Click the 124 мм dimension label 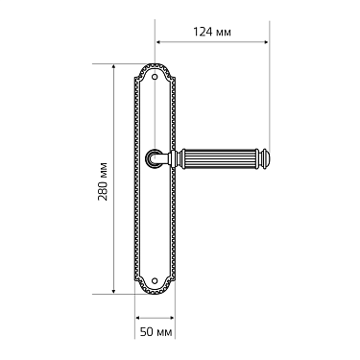click(212, 32)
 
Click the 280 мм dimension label click(103, 181)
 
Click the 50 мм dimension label click(156, 332)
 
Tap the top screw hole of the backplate click(155, 77)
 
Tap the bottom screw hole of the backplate click(155, 280)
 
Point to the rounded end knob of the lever click(264, 159)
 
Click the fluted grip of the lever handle click(220, 159)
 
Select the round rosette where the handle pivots click(154, 159)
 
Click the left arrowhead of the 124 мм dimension click(158, 41)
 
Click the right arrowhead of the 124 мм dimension click(266, 41)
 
